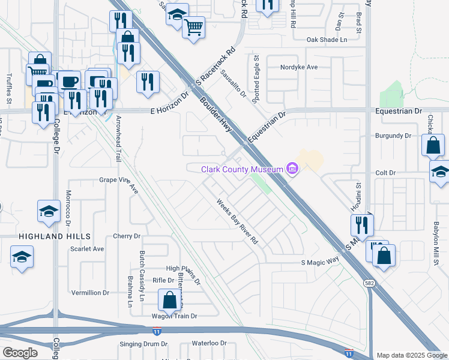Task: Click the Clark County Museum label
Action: click(242, 169)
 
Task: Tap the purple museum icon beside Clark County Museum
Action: click(292, 169)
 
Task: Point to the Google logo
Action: click(20, 352)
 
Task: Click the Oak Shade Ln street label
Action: click(327, 40)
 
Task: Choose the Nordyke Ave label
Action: click(298, 67)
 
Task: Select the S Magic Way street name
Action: click(320, 262)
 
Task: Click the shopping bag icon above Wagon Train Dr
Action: click(170, 298)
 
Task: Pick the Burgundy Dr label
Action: click(393, 136)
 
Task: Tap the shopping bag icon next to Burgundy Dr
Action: click(433, 145)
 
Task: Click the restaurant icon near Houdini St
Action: click(361, 224)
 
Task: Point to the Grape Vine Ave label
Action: click(119, 182)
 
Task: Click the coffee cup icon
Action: click(69, 81)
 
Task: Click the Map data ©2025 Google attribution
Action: click(412, 355)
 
